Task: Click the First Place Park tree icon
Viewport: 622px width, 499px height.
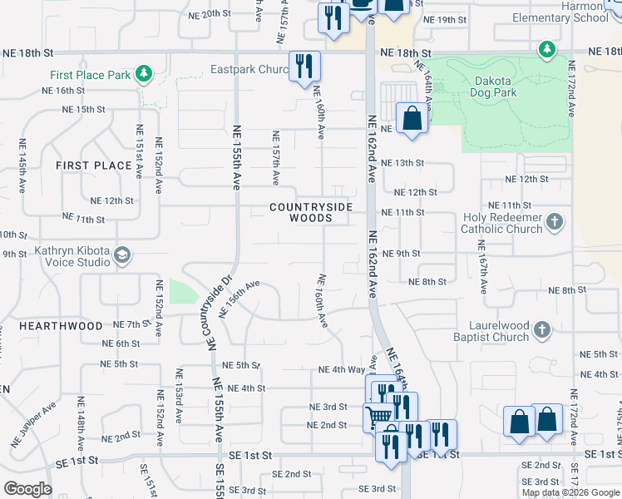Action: click(x=145, y=75)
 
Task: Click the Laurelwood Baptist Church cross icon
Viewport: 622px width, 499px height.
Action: click(x=541, y=330)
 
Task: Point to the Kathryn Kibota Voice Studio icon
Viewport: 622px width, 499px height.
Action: click(x=123, y=254)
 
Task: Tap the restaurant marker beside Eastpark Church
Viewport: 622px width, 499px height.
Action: click(x=304, y=67)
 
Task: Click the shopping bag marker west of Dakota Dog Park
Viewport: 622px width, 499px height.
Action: click(x=412, y=118)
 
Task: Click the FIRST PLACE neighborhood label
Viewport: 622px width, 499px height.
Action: click(x=94, y=166)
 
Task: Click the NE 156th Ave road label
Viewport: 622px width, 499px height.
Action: click(x=239, y=299)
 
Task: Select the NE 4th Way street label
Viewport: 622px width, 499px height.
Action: click(x=342, y=369)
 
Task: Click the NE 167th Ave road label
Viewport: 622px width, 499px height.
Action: click(x=481, y=266)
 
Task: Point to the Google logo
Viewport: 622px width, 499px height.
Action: click(x=27, y=489)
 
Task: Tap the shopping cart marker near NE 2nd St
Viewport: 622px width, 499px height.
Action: click(x=377, y=416)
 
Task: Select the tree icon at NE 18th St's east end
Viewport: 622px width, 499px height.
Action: click(x=546, y=50)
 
